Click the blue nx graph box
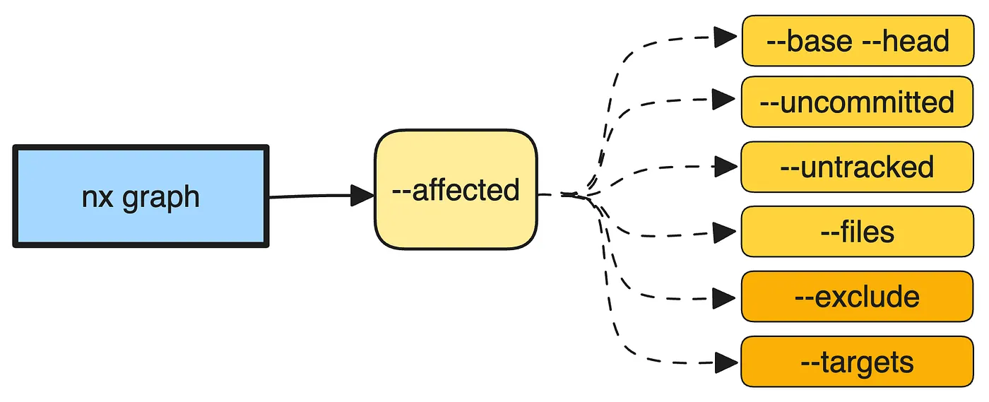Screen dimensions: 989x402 141,196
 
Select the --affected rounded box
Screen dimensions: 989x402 456,189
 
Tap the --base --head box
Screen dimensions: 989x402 858,41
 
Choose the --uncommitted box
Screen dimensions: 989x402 857,102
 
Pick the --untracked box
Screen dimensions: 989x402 857,167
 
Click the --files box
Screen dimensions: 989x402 857,232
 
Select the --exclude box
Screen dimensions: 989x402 857,297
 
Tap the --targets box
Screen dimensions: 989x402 857,362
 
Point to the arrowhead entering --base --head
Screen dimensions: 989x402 726,37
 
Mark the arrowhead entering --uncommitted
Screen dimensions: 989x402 724,99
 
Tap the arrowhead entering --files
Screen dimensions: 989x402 725,232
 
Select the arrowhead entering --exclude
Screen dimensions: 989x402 724,299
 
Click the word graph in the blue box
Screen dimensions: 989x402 161,199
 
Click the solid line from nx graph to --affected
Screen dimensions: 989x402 310,196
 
